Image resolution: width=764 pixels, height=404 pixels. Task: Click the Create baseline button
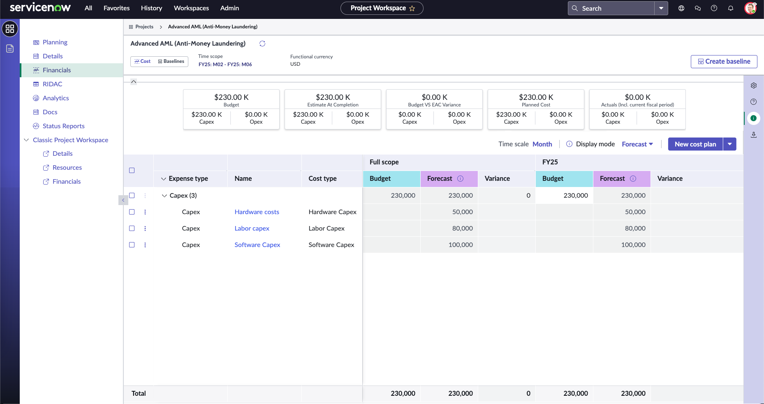click(724, 61)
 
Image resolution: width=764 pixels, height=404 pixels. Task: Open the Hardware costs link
click(257, 212)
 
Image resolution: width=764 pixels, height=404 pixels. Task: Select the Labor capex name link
click(252, 229)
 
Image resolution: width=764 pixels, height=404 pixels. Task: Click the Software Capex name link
click(257, 245)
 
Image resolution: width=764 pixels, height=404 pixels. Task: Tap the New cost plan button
click(695, 144)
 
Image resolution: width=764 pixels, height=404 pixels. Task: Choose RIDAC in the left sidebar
click(52, 84)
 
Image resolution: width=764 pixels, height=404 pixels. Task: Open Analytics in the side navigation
click(56, 98)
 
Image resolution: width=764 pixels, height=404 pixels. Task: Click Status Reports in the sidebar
click(63, 126)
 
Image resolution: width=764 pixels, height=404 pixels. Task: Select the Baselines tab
click(171, 61)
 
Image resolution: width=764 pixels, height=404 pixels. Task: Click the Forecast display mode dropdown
click(637, 144)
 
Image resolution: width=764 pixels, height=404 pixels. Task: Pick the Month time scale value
click(542, 144)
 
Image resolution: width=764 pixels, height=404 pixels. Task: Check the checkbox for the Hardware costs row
click(132, 212)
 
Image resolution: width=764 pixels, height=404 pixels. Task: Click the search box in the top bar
click(611, 8)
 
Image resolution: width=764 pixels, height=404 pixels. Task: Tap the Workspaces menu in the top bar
click(191, 8)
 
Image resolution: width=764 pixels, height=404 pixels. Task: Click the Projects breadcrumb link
click(144, 27)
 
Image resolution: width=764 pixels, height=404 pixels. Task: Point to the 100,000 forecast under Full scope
click(461, 245)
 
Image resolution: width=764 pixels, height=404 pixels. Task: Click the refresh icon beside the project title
click(262, 44)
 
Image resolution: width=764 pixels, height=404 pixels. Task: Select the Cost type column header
click(322, 178)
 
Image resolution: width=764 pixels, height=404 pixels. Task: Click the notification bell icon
click(731, 8)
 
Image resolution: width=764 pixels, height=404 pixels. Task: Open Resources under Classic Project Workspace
click(67, 168)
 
